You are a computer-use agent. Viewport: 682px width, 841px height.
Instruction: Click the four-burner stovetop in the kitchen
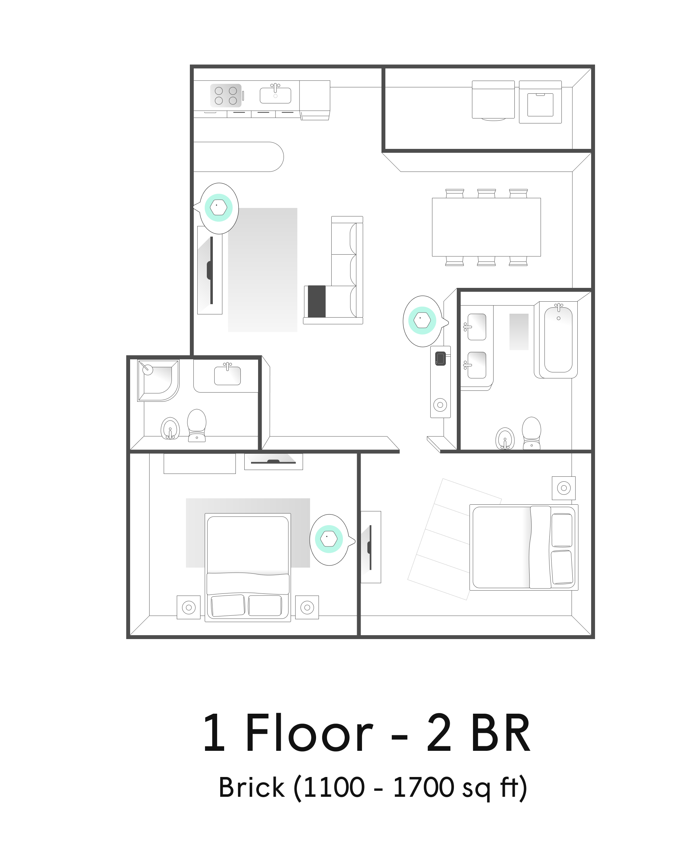point(226,95)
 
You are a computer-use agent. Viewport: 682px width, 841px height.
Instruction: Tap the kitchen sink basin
point(275,95)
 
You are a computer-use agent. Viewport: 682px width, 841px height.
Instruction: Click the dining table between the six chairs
point(486,227)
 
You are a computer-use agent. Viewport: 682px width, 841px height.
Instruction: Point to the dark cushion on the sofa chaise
point(317,301)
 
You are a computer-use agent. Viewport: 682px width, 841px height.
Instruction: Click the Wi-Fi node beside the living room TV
point(218,208)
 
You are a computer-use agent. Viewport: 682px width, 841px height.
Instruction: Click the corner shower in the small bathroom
point(158,381)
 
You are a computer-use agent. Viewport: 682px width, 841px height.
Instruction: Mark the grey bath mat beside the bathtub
point(519,332)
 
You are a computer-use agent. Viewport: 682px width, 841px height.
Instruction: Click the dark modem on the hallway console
point(441,358)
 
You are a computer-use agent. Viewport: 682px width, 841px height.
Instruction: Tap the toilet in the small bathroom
point(197,425)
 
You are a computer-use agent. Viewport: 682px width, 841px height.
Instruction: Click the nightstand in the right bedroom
point(564,488)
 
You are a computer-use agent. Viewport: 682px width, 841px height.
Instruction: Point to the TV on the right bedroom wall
point(370,547)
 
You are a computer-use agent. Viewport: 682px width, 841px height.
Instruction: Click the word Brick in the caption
point(251,788)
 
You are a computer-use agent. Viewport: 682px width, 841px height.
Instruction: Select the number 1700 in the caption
point(424,788)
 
